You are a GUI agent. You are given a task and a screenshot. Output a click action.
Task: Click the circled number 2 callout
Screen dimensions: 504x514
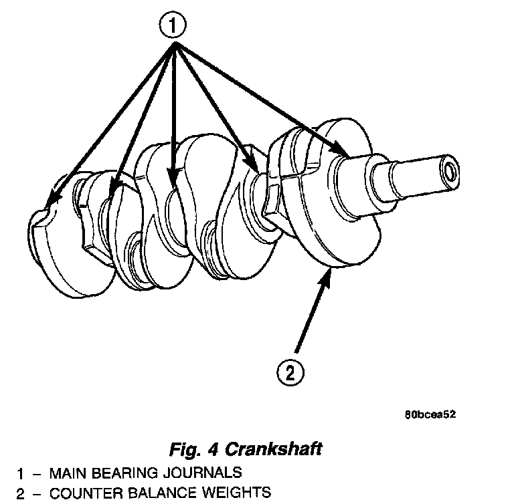290,372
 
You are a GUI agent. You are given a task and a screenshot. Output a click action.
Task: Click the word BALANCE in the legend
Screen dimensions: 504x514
151,493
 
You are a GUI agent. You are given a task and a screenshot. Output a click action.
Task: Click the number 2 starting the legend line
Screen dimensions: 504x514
21,494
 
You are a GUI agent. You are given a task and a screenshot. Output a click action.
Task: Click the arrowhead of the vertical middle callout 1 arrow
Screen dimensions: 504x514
173,178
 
